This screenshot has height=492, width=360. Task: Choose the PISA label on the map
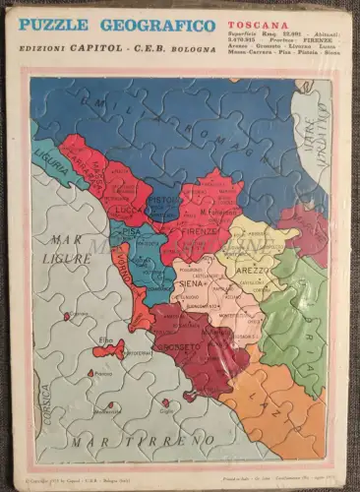(x=120, y=239)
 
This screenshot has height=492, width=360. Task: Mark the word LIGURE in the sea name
(x=66, y=258)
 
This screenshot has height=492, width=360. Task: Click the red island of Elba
(x=109, y=350)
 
